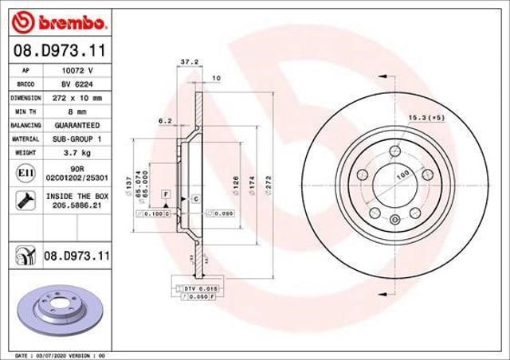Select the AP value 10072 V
coord(76,71)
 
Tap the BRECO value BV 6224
coord(76,84)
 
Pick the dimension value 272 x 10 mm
coord(76,98)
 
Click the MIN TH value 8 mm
coord(76,112)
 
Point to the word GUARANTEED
coord(76,125)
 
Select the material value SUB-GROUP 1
coord(76,139)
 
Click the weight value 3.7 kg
coord(76,152)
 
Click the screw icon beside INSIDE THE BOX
coord(24,199)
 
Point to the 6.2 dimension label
coord(166,120)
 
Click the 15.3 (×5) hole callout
coord(426,117)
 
